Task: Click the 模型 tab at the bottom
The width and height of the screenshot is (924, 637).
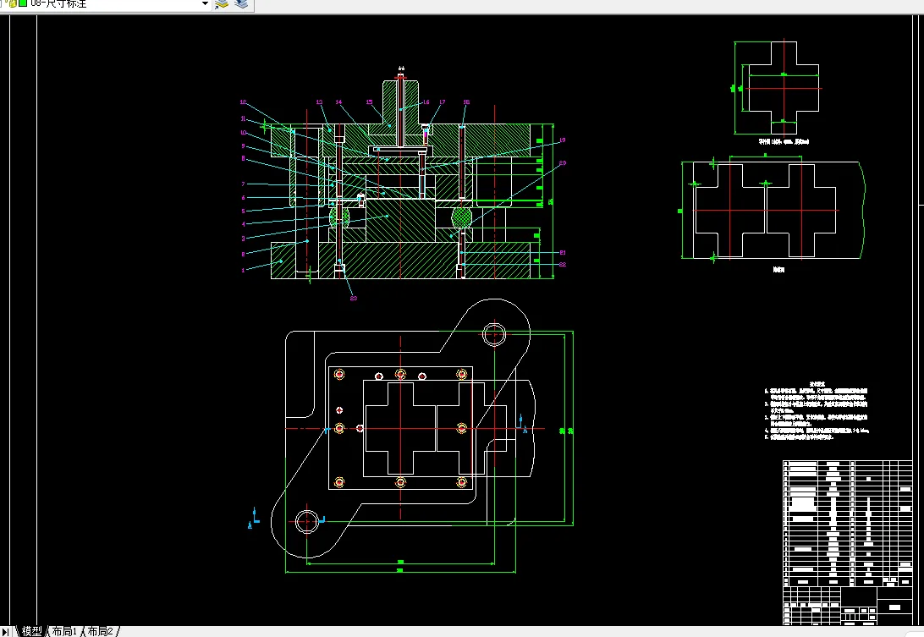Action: (x=32, y=631)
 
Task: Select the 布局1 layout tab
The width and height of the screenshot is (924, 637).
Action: (x=64, y=631)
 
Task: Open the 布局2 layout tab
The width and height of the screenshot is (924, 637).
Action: (x=100, y=631)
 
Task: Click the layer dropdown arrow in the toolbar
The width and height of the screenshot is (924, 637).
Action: (x=205, y=4)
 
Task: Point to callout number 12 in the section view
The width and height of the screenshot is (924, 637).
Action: (x=243, y=103)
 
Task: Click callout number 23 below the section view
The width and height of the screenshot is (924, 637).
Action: (x=354, y=298)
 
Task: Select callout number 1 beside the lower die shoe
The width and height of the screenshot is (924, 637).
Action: (x=243, y=270)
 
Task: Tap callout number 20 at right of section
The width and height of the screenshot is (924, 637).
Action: (x=563, y=162)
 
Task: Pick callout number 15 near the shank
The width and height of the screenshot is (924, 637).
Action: (x=369, y=102)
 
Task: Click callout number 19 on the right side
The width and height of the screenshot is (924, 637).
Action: (x=563, y=140)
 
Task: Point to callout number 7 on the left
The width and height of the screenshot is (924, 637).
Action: (x=243, y=184)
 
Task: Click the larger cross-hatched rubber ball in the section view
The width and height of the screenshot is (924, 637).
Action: (x=462, y=218)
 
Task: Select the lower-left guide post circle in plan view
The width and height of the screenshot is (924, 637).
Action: (x=307, y=520)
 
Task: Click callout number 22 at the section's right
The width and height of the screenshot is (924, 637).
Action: (x=563, y=265)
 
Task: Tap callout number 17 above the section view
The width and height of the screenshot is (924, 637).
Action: (x=442, y=102)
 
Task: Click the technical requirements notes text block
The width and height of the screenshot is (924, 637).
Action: (x=817, y=412)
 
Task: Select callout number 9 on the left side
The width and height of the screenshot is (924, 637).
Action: (x=243, y=146)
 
